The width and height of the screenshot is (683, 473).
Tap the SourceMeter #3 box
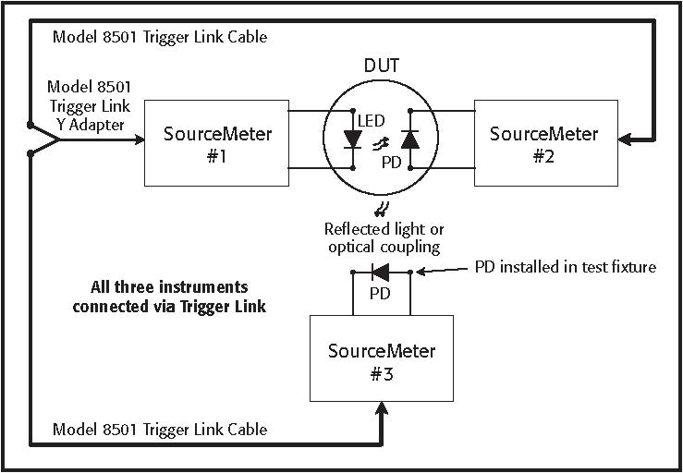coord(381,359)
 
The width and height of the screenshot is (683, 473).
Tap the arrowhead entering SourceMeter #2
coord(626,140)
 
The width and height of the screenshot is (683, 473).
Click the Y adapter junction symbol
coord(44,140)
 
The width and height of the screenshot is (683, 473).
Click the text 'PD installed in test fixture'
coord(565,267)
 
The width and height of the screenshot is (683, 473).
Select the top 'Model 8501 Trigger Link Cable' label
coord(160,37)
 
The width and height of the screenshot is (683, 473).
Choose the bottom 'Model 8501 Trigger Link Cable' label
coord(160,429)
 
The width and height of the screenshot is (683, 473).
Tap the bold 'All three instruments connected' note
coord(169,297)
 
